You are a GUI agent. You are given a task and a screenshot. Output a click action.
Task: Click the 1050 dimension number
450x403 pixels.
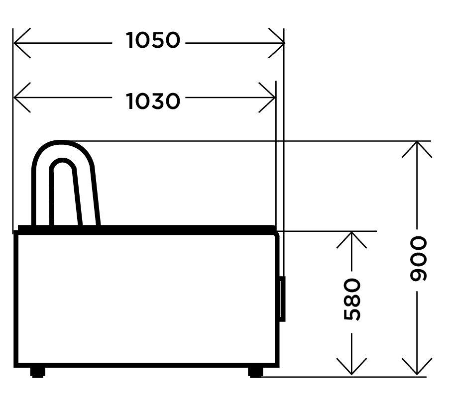[153, 40]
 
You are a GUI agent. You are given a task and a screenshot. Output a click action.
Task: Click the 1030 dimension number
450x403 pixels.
[153, 101]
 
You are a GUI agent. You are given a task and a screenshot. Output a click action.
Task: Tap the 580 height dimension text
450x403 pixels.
[352, 300]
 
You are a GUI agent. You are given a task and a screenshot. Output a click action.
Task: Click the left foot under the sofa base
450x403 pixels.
[38, 372]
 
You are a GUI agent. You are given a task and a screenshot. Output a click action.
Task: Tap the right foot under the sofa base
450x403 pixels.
[255, 372]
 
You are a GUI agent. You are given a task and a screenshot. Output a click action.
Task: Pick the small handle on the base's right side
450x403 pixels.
[282, 299]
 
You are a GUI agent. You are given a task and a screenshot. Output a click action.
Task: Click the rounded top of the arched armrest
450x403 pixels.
[62, 143]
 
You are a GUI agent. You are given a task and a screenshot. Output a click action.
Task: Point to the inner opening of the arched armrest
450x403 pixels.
[65, 195]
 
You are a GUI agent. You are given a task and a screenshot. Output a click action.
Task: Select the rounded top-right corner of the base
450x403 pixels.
[276, 235]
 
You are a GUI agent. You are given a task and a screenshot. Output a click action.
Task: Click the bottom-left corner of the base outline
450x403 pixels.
[16, 365]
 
